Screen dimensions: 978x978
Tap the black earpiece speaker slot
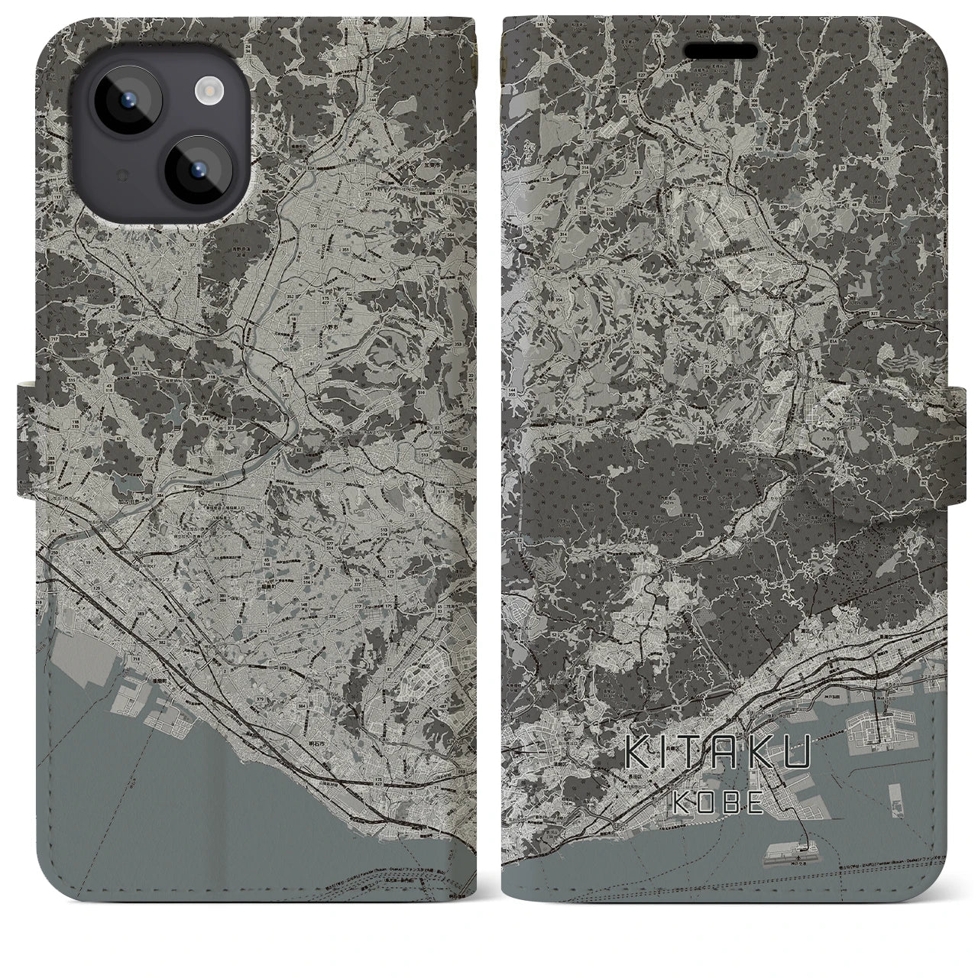pos(722,51)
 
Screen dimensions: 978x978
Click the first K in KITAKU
pos(638,754)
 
